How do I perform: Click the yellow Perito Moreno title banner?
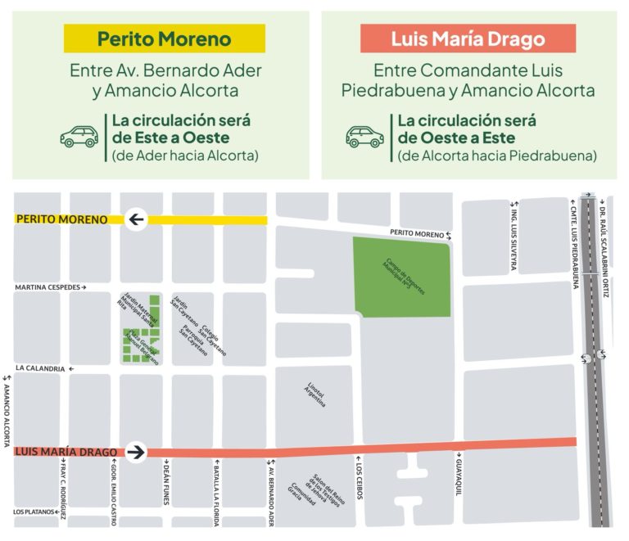click(x=165, y=38)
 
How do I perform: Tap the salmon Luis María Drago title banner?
click(x=468, y=38)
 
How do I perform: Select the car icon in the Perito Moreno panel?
click(x=79, y=135)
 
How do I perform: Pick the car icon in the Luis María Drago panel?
click(x=364, y=135)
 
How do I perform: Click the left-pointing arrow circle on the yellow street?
click(x=135, y=219)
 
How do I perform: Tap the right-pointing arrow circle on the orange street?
click(x=135, y=451)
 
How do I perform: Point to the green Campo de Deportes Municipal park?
click(x=401, y=276)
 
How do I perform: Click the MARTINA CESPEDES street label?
click(x=48, y=288)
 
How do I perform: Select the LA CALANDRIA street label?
click(x=39, y=369)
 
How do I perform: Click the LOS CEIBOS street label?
click(x=359, y=487)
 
